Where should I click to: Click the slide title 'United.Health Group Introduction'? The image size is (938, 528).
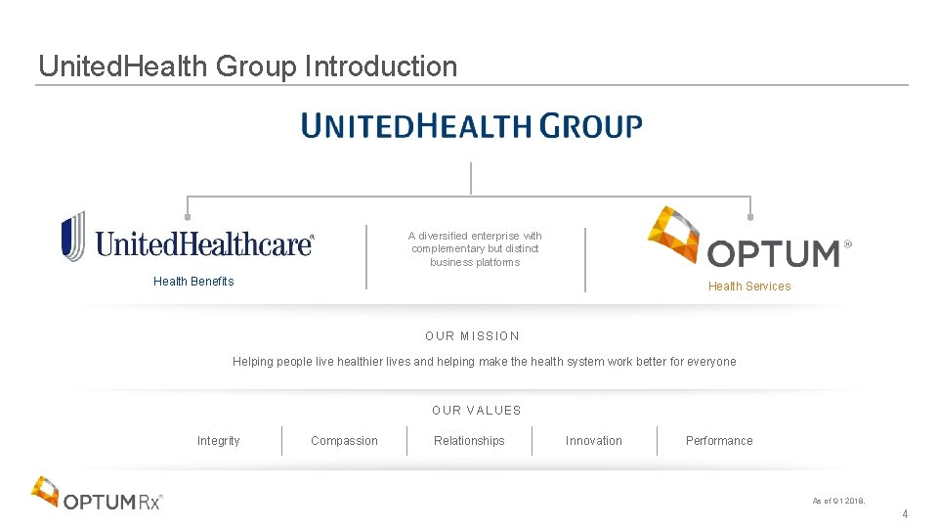tap(247, 66)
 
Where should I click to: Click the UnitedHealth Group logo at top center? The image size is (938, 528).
tap(471, 126)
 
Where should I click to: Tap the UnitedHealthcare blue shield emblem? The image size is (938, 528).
tap(73, 236)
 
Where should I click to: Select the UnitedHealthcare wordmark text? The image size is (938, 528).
tap(204, 242)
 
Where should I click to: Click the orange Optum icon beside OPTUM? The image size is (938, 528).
tap(674, 234)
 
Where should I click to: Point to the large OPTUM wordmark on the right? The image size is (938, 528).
tap(774, 254)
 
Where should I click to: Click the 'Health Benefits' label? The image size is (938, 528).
tap(193, 282)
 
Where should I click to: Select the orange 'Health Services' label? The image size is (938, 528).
tap(749, 286)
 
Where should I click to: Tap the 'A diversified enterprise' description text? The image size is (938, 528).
tap(475, 249)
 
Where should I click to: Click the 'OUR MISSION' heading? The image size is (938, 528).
tap(472, 336)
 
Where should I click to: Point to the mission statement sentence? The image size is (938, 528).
tap(484, 362)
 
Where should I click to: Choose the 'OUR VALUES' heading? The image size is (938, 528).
tap(477, 411)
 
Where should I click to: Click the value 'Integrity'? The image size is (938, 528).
tap(218, 441)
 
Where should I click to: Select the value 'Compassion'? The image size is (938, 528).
tap(344, 441)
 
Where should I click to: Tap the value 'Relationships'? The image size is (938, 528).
tap(469, 441)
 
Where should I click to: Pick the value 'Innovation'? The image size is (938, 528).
tap(594, 441)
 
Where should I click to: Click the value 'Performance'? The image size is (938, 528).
tap(719, 441)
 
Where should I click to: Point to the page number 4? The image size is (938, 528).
tap(905, 514)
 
